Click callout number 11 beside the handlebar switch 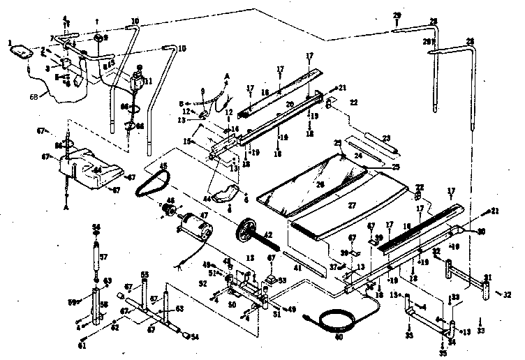pyautogui.click(x=147, y=81)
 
